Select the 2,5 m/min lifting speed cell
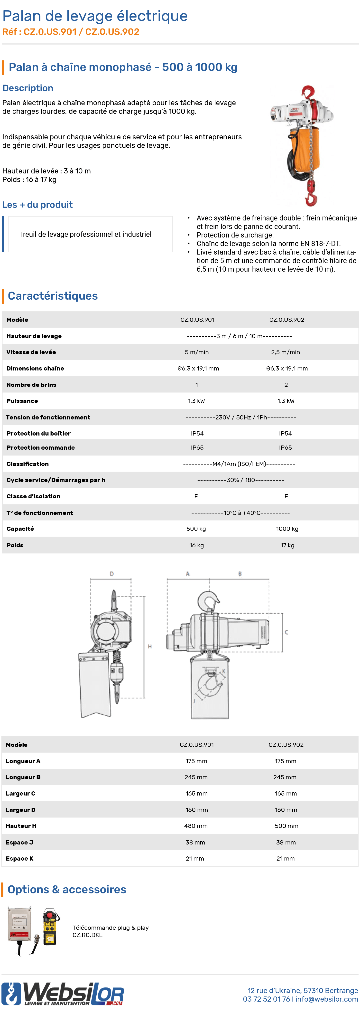pos(285,352)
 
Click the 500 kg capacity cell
pos(196,529)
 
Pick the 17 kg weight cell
pos(287,545)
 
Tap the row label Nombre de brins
pos(31,385)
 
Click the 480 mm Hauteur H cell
pos(196,826)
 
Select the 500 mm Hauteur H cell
pos(286,826)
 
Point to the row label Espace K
pos(20,859)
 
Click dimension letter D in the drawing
pos(111,574)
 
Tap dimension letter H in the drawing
pos(150,647)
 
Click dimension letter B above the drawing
pos(240,574)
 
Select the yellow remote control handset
pos(50,927)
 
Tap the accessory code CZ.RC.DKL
pos(87,935)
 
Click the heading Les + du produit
pos(37,205)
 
